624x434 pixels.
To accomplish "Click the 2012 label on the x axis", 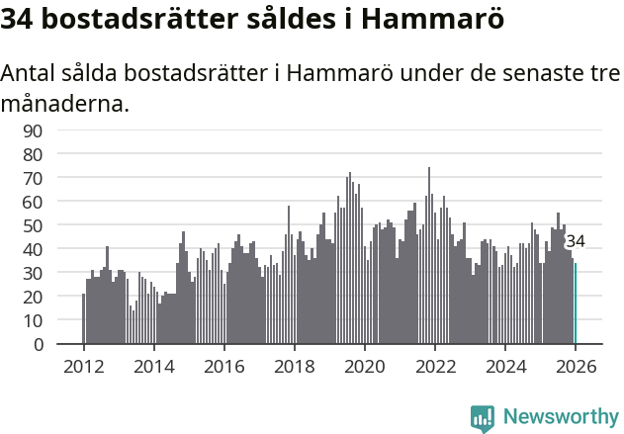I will pos(83,366).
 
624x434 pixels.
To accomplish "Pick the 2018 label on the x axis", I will pos(295,366).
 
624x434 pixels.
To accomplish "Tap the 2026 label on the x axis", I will pos(576,366).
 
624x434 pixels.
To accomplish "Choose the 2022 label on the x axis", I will pos(435,366).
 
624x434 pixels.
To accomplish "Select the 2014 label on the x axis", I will pos(153,366).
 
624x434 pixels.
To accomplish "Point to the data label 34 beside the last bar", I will pos(576,241).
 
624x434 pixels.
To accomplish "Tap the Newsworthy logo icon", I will pos(483,417).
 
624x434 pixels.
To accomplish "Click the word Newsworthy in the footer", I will pos(561,417).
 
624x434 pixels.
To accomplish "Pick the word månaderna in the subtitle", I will pos(64,103).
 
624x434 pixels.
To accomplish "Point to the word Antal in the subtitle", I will pos(29,73).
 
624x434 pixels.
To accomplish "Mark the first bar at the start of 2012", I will pos(84,319).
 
